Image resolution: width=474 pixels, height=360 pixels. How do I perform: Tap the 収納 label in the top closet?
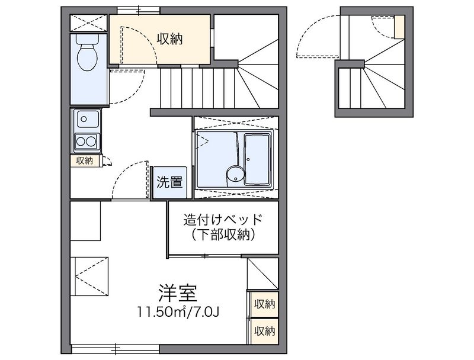(169, 39)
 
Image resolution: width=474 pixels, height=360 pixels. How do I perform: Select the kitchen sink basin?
(86, 120)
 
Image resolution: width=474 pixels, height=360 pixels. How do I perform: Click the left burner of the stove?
(80, 141)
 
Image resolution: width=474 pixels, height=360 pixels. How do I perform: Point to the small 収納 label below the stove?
(85, 160)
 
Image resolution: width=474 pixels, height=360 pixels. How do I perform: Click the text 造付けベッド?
(222, 219)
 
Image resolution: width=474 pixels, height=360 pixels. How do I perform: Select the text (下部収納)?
(223, 235)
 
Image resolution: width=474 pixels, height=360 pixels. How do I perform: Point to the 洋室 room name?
(177, 292)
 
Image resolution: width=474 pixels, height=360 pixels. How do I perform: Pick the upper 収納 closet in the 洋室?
(265, 304)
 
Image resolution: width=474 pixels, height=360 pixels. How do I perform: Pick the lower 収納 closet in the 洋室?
(265, 330)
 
